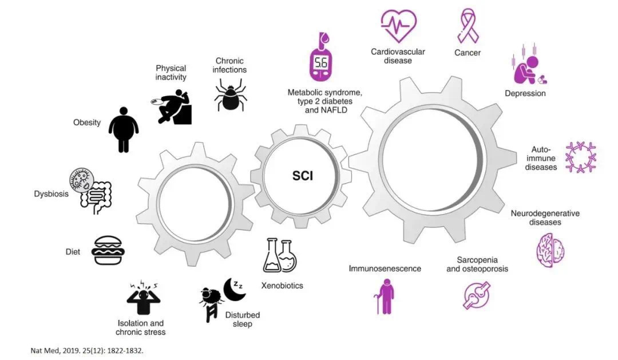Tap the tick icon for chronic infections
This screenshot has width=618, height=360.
pyautogui.click(x=231, y=96)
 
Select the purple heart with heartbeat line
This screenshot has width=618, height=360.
pyautogui.click(x=398, y=25)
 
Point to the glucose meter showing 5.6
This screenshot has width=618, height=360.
pyautogui.click(x=322, y=57)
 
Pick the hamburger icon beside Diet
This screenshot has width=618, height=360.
pyautogui.click(x=108, y=250)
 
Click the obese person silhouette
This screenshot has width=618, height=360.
pyautogui.click(x=123, y=129)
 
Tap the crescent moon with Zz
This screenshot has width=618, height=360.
pyautogui.click(x=233, y=288)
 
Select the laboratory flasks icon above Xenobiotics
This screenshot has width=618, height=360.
pyautogui.click(x=280, y=255)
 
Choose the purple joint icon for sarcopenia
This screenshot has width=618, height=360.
pyautogui.click(x=477, y=294)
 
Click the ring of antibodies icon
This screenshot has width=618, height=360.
pyautogui.click(x=580, y=157)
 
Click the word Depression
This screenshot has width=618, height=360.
pyautogui.click(x=525, y=93)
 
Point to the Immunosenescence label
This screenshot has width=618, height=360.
pyautogui.click(x=385, y=268)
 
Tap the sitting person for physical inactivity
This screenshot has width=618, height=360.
pyautogui.click(x=175, y=107)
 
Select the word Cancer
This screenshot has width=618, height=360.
pyautogui.click(x=468, y=53)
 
